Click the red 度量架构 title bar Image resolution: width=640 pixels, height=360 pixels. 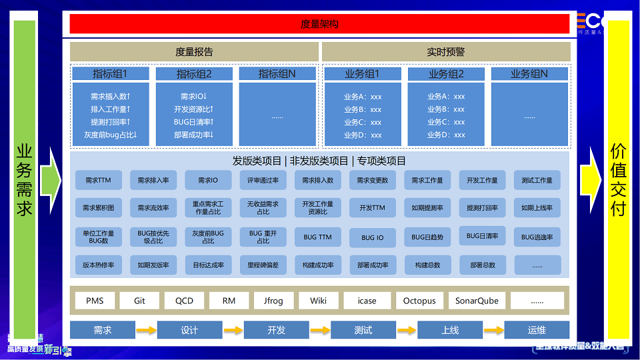pos(320,24)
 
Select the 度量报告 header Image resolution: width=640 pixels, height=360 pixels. pos(194,52)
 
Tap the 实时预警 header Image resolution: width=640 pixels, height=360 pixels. pos(446,52)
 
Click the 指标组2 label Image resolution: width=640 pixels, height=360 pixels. pos(194,74)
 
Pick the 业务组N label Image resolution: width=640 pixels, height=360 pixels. pos(529,74)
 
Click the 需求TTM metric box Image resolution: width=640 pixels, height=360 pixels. pos(99,180)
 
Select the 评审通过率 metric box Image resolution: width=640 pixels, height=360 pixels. pos(263,180)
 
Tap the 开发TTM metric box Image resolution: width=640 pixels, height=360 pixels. pos(373,208)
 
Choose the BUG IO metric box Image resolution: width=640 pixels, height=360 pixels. pos(373,237)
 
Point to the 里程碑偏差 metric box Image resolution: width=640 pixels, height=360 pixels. pos(263,265)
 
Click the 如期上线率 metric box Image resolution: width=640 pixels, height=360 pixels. pos(537,208)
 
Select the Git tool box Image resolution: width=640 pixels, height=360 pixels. pos(139,301)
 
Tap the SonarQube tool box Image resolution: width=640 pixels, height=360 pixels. pos(477,301)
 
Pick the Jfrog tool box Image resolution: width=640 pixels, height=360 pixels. pos(273,301)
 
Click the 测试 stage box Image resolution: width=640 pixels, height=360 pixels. pos(363,330)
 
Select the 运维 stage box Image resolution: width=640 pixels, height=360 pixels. pos(537,330)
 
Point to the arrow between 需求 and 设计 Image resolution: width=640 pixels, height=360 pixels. pos(146,330)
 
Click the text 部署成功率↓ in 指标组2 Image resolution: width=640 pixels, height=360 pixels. pos(194,135)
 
